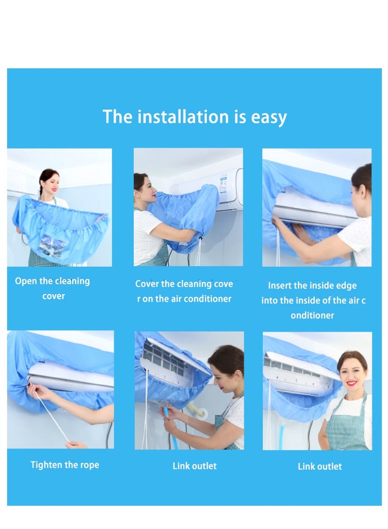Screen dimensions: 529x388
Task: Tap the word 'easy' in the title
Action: [269, 118]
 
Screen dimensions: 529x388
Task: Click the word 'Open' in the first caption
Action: [25, 281]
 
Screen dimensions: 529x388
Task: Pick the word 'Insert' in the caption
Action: [282, 286]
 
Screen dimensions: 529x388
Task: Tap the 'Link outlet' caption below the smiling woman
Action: [320, 466]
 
